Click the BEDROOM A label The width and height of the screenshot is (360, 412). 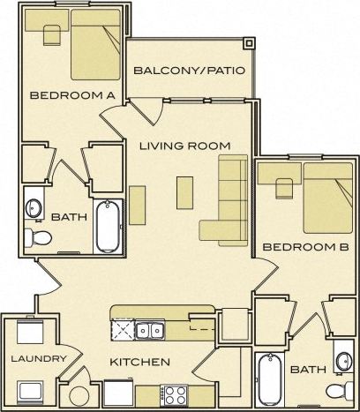coord(61,95)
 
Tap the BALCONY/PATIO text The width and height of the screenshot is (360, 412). coord(187,71)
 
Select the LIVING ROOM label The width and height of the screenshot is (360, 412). coord(184,146)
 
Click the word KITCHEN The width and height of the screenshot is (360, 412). coord(139,362)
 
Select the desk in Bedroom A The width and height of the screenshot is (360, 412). coord(49,33)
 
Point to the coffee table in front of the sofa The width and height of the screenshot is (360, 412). coord(184,191)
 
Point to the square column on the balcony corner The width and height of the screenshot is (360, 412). coord(250,42)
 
